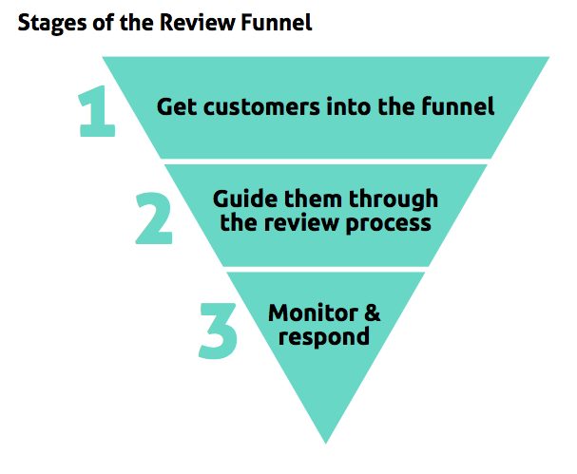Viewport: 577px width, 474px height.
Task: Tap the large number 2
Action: [x=154, y=218]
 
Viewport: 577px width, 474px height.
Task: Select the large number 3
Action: [x=218, y=331]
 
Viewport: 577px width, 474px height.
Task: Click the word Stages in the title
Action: [x=52, y=23]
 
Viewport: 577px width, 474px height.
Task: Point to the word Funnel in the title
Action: [x=276, y=22]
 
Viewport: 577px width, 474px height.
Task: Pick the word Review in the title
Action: [x=197, y=22]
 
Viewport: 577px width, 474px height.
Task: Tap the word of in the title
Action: [x=103, y=22]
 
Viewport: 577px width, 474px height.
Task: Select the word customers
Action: [x=261, y=107]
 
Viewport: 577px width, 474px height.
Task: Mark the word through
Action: [x=393, y=200]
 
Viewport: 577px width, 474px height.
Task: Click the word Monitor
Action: [x=313, y=313]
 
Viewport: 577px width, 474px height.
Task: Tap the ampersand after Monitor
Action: [x=372, y=313]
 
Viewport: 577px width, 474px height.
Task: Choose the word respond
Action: [x=324, y=337]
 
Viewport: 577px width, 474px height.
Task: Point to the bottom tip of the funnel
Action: [x=326, y=443]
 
